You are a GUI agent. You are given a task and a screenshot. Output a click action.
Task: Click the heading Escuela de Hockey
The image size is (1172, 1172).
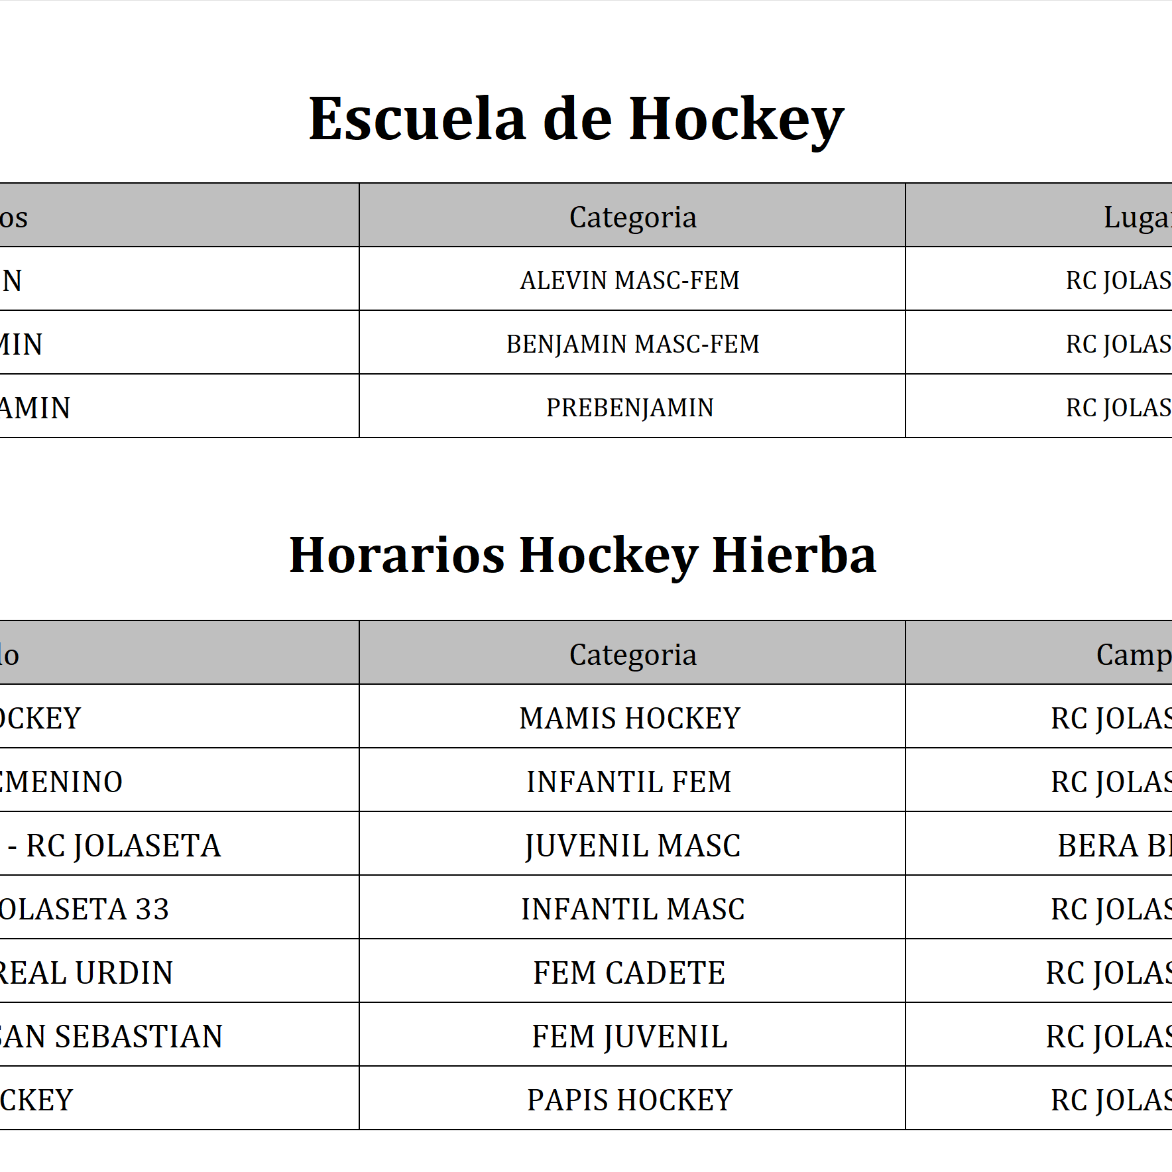pyautogui.click(x=575, y=119)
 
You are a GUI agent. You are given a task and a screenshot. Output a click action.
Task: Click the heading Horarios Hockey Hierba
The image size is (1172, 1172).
pyautogui.click(x=582, y=556)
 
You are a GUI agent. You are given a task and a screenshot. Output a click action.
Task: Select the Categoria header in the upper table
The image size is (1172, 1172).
pyautogui.click(x=632, y=217)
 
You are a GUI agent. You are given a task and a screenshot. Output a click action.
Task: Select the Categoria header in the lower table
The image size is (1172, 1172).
pyautogui.click(x=632, y=655)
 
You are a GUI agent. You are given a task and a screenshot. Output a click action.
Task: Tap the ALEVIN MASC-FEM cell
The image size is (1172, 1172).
pyautogui.click(x=629, y=280)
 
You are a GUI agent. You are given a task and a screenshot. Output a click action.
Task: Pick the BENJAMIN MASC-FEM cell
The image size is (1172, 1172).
pyautogui.click(x=632, y=344)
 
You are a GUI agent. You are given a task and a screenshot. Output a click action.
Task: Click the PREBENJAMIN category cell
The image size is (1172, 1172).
pyautogui.click(x=629, y=408)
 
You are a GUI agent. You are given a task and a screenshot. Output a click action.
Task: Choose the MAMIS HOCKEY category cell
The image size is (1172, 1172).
pyautogui.click(x=629, y=719)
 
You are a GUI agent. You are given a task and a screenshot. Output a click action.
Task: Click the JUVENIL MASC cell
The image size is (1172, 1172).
pyautogui.click(x=632, y=846)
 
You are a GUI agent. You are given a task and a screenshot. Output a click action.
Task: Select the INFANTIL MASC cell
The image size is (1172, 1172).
pyautogui.click(x=632, y=909)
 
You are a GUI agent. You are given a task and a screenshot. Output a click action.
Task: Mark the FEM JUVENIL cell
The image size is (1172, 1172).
pyautogui.click(x=629, y=1037)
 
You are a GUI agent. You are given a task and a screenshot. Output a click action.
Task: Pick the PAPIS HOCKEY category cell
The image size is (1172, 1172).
pyautogui.click(x=629, y=1100)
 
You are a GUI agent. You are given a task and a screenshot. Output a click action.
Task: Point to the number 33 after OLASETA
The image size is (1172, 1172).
pyautogui.click(x=152, y=909)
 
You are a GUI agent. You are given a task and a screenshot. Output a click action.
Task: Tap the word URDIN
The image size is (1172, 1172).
pyautogui.click(x=124, y=973)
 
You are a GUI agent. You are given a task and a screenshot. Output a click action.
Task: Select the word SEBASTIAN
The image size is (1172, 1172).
pyautogui.click(x=139, y=1037)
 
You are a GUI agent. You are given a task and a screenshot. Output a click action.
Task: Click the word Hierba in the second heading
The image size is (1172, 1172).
pyautogui.click(x=793, y=556)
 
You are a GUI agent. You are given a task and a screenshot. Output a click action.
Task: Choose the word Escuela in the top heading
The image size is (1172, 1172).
pyautogui.click(x=417, y=119)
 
